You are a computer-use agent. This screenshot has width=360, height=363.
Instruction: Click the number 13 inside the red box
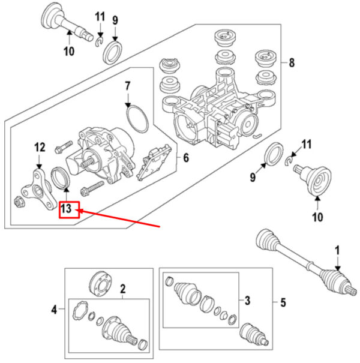[66, 208]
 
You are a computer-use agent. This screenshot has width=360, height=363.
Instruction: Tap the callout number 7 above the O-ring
[128, 86]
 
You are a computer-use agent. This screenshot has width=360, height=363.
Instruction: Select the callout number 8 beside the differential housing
[292, 63]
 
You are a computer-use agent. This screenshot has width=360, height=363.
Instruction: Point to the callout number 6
[186, 158]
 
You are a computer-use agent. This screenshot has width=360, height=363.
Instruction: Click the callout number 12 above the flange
[40, 147]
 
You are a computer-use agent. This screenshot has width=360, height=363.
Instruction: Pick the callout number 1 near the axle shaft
[337, 250]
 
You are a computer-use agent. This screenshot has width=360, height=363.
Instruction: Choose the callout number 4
[54, 310]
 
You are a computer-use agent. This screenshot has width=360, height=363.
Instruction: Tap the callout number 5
[283, 302]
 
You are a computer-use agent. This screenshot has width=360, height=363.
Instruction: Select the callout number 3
[247, 301]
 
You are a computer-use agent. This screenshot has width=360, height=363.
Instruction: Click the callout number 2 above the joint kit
[123, 289]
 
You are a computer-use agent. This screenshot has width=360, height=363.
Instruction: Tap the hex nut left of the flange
[18, 202]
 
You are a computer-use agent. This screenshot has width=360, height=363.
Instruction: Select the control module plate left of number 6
[154, 162]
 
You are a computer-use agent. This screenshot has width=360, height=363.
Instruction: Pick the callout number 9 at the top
[115, 20]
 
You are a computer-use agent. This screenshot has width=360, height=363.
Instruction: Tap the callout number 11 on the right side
[307, 144]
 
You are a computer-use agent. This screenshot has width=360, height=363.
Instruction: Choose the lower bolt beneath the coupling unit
[92, 188]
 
